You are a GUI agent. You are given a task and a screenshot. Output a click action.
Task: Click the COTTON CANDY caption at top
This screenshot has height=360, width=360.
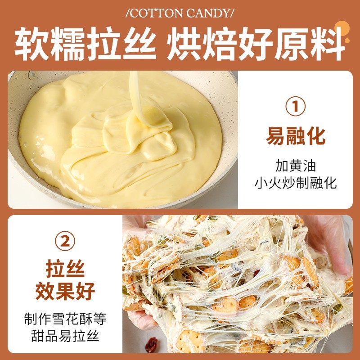tap(180, 12)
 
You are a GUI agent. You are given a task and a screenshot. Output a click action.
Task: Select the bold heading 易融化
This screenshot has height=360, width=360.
tap(296, 136)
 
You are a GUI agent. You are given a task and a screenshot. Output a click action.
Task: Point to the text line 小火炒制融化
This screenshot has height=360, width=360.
tap(296, 183)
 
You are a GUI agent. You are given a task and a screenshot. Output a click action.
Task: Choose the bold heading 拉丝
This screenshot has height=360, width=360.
tap(65, 269)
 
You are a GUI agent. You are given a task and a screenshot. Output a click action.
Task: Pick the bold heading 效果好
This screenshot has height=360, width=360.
tap(65, 291)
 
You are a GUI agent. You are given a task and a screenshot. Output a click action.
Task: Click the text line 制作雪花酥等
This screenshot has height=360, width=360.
tap(65, 319)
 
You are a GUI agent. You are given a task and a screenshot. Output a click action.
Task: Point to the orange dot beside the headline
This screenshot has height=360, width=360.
tap(347, 40)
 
